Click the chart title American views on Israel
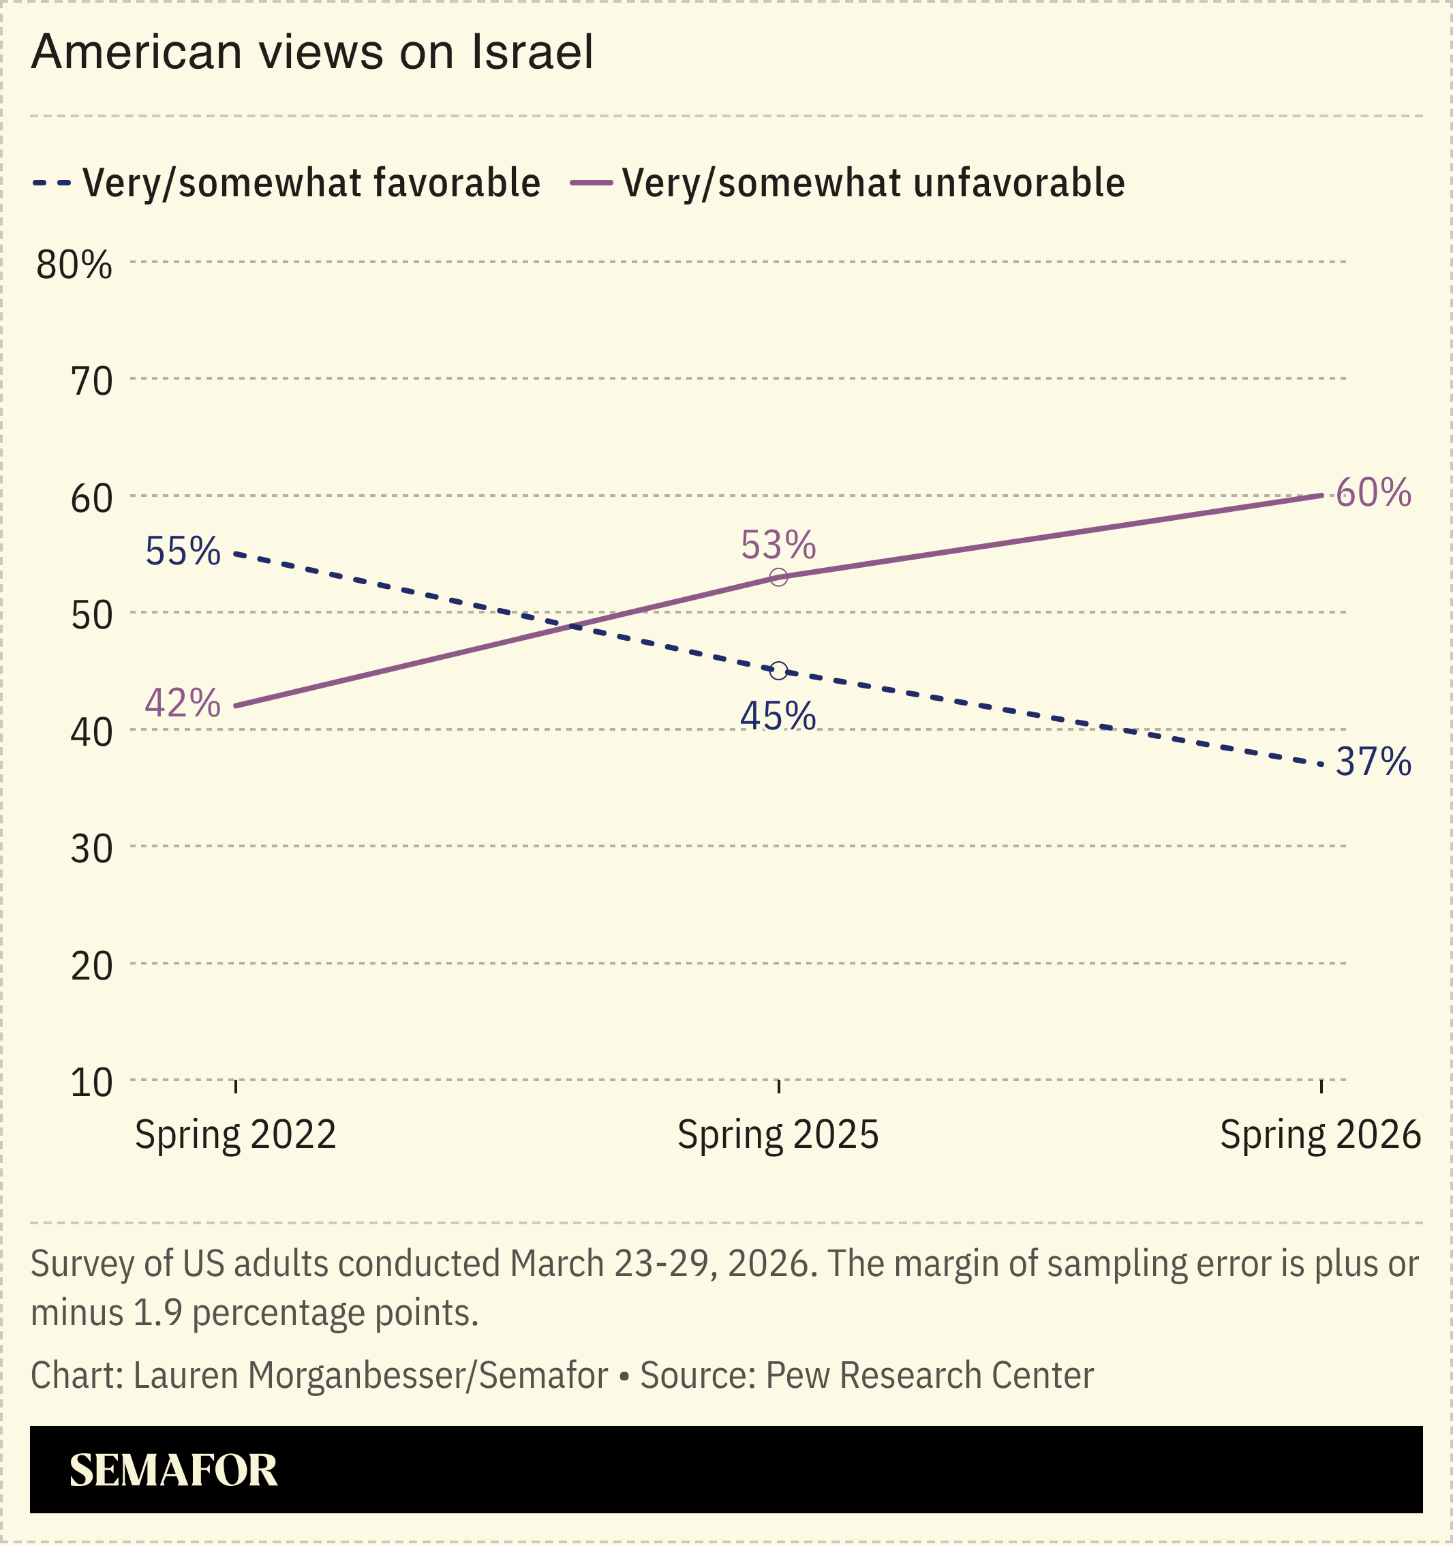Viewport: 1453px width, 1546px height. pos(311,53)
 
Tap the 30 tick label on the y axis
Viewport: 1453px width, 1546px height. pos(92,849)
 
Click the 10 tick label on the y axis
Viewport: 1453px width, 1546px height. pos(92,1083)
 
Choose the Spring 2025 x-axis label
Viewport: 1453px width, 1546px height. pos(778,1134)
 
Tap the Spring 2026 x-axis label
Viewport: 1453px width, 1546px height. pos(1320,1134)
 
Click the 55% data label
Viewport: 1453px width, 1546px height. pos(183,551)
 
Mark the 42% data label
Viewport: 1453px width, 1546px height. pos(183,703)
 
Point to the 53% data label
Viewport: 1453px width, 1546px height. pos(778,545)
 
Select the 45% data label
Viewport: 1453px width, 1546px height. pos(778,716)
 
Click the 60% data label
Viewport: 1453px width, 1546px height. pos(1373,493)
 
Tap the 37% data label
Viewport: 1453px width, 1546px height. pos(1373,762)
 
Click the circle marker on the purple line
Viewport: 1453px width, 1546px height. pos(778,577)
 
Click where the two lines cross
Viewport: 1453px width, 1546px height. pos(574,626)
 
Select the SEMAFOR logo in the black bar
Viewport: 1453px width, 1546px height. pos(173,1470)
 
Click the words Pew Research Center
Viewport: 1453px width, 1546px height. pos(930,1376)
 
